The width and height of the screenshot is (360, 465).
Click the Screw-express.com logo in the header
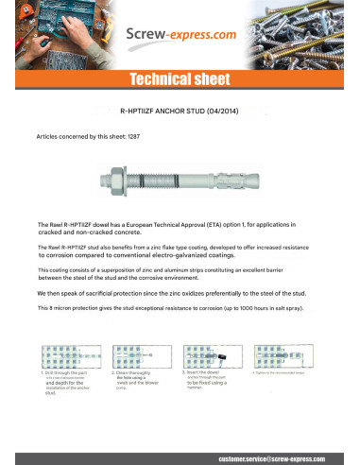pos(180,36)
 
